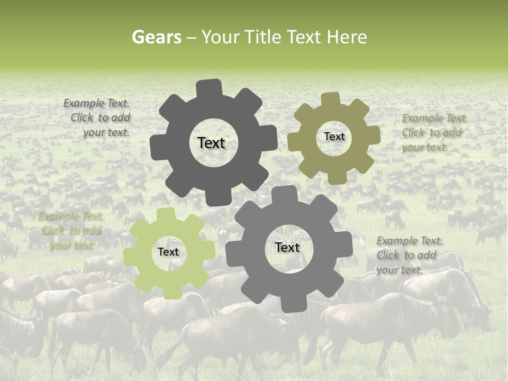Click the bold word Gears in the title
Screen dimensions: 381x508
click(156, 38)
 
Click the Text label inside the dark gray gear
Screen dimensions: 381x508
click(211, 143)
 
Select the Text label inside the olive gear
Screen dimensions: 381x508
click(334, 137)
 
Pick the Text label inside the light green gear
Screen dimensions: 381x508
click(168, 252)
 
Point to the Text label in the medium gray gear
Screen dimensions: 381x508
click(287, 248)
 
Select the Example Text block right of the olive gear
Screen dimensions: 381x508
click(434, 132)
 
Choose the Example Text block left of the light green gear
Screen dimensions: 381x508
click(70, 231)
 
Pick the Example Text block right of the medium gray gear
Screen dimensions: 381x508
click(409, 255)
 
